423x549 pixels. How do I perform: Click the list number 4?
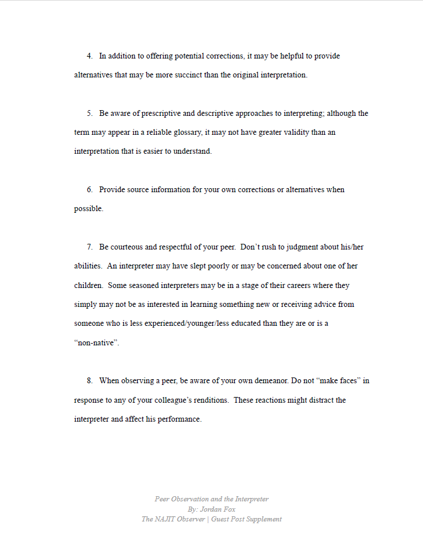point(90,56)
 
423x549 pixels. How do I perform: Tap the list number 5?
point(90,114)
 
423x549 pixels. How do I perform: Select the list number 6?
point(90,189)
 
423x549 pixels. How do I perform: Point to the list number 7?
point(90,247)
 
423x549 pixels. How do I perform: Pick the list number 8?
point(90,380)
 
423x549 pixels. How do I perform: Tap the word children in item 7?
point(88,285)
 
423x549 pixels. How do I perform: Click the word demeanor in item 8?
point(267,380)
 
